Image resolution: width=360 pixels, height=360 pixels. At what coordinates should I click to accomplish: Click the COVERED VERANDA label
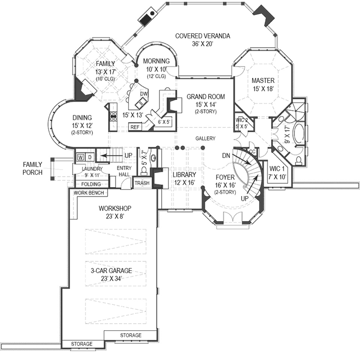tap(203, 36)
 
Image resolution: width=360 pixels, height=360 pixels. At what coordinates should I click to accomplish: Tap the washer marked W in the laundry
tap(80, 157)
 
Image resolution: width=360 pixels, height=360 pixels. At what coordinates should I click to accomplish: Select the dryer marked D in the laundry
tap(90, 157)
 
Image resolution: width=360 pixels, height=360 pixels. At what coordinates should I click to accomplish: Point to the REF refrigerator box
tap(135, 127)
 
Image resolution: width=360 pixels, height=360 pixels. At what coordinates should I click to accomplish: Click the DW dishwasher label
tap(144, 94)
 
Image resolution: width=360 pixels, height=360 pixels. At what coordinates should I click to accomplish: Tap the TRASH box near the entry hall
tap(142, 183)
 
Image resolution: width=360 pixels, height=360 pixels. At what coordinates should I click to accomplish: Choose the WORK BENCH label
tap(89, 193)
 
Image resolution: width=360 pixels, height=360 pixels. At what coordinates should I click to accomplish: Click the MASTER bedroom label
tap(263, 80)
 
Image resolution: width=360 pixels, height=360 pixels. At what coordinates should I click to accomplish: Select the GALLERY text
tap(205, 139)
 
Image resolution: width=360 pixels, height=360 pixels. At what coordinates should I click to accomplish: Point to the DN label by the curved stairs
tap(226, 155)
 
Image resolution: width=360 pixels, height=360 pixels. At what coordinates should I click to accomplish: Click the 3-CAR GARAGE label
tap(111, 271)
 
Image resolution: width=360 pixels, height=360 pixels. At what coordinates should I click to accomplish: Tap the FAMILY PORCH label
tap(32, 168)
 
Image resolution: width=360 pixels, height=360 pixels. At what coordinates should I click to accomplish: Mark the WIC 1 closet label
tap(277, 169)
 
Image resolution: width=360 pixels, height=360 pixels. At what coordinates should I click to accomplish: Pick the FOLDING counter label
tap(91, 184)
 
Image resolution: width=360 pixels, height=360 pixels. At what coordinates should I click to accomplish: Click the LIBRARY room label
tap(184, 174)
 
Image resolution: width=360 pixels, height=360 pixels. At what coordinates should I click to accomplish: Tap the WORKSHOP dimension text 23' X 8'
tap(115, 216)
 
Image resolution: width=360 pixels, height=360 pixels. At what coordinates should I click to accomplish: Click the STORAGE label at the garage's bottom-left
tap(82, 344)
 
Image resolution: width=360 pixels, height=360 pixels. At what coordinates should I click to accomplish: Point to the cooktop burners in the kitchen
tap(113, 116)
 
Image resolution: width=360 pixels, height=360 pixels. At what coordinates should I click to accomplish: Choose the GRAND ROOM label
tap(206, 96)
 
